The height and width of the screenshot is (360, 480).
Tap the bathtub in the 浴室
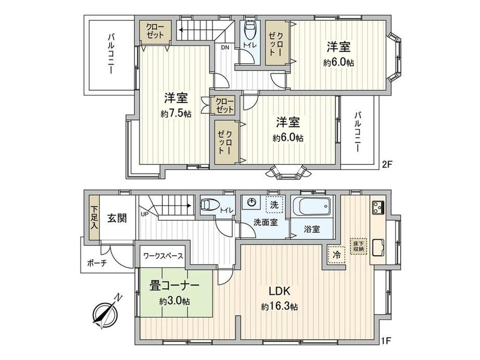pos(312,206)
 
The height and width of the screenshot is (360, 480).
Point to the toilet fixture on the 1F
pos(210,204)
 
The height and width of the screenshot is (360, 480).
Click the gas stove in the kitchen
pos(378,208)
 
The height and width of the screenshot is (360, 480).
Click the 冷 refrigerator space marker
pos(337,255)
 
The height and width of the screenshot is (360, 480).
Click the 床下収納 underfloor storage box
pos(358,247)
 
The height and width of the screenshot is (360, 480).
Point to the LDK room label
pos(279,291)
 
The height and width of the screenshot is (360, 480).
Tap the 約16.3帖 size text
pos(279,306)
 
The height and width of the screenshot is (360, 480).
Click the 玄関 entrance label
pos(117,218)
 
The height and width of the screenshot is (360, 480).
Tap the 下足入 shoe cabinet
pos(94,218)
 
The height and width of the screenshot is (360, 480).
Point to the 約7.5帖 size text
pos(176,114)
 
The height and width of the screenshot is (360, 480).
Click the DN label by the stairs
pos(225,47)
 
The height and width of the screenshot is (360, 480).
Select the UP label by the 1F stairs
pos(144,214)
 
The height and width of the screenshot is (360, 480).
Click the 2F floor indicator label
pos(387,165)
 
